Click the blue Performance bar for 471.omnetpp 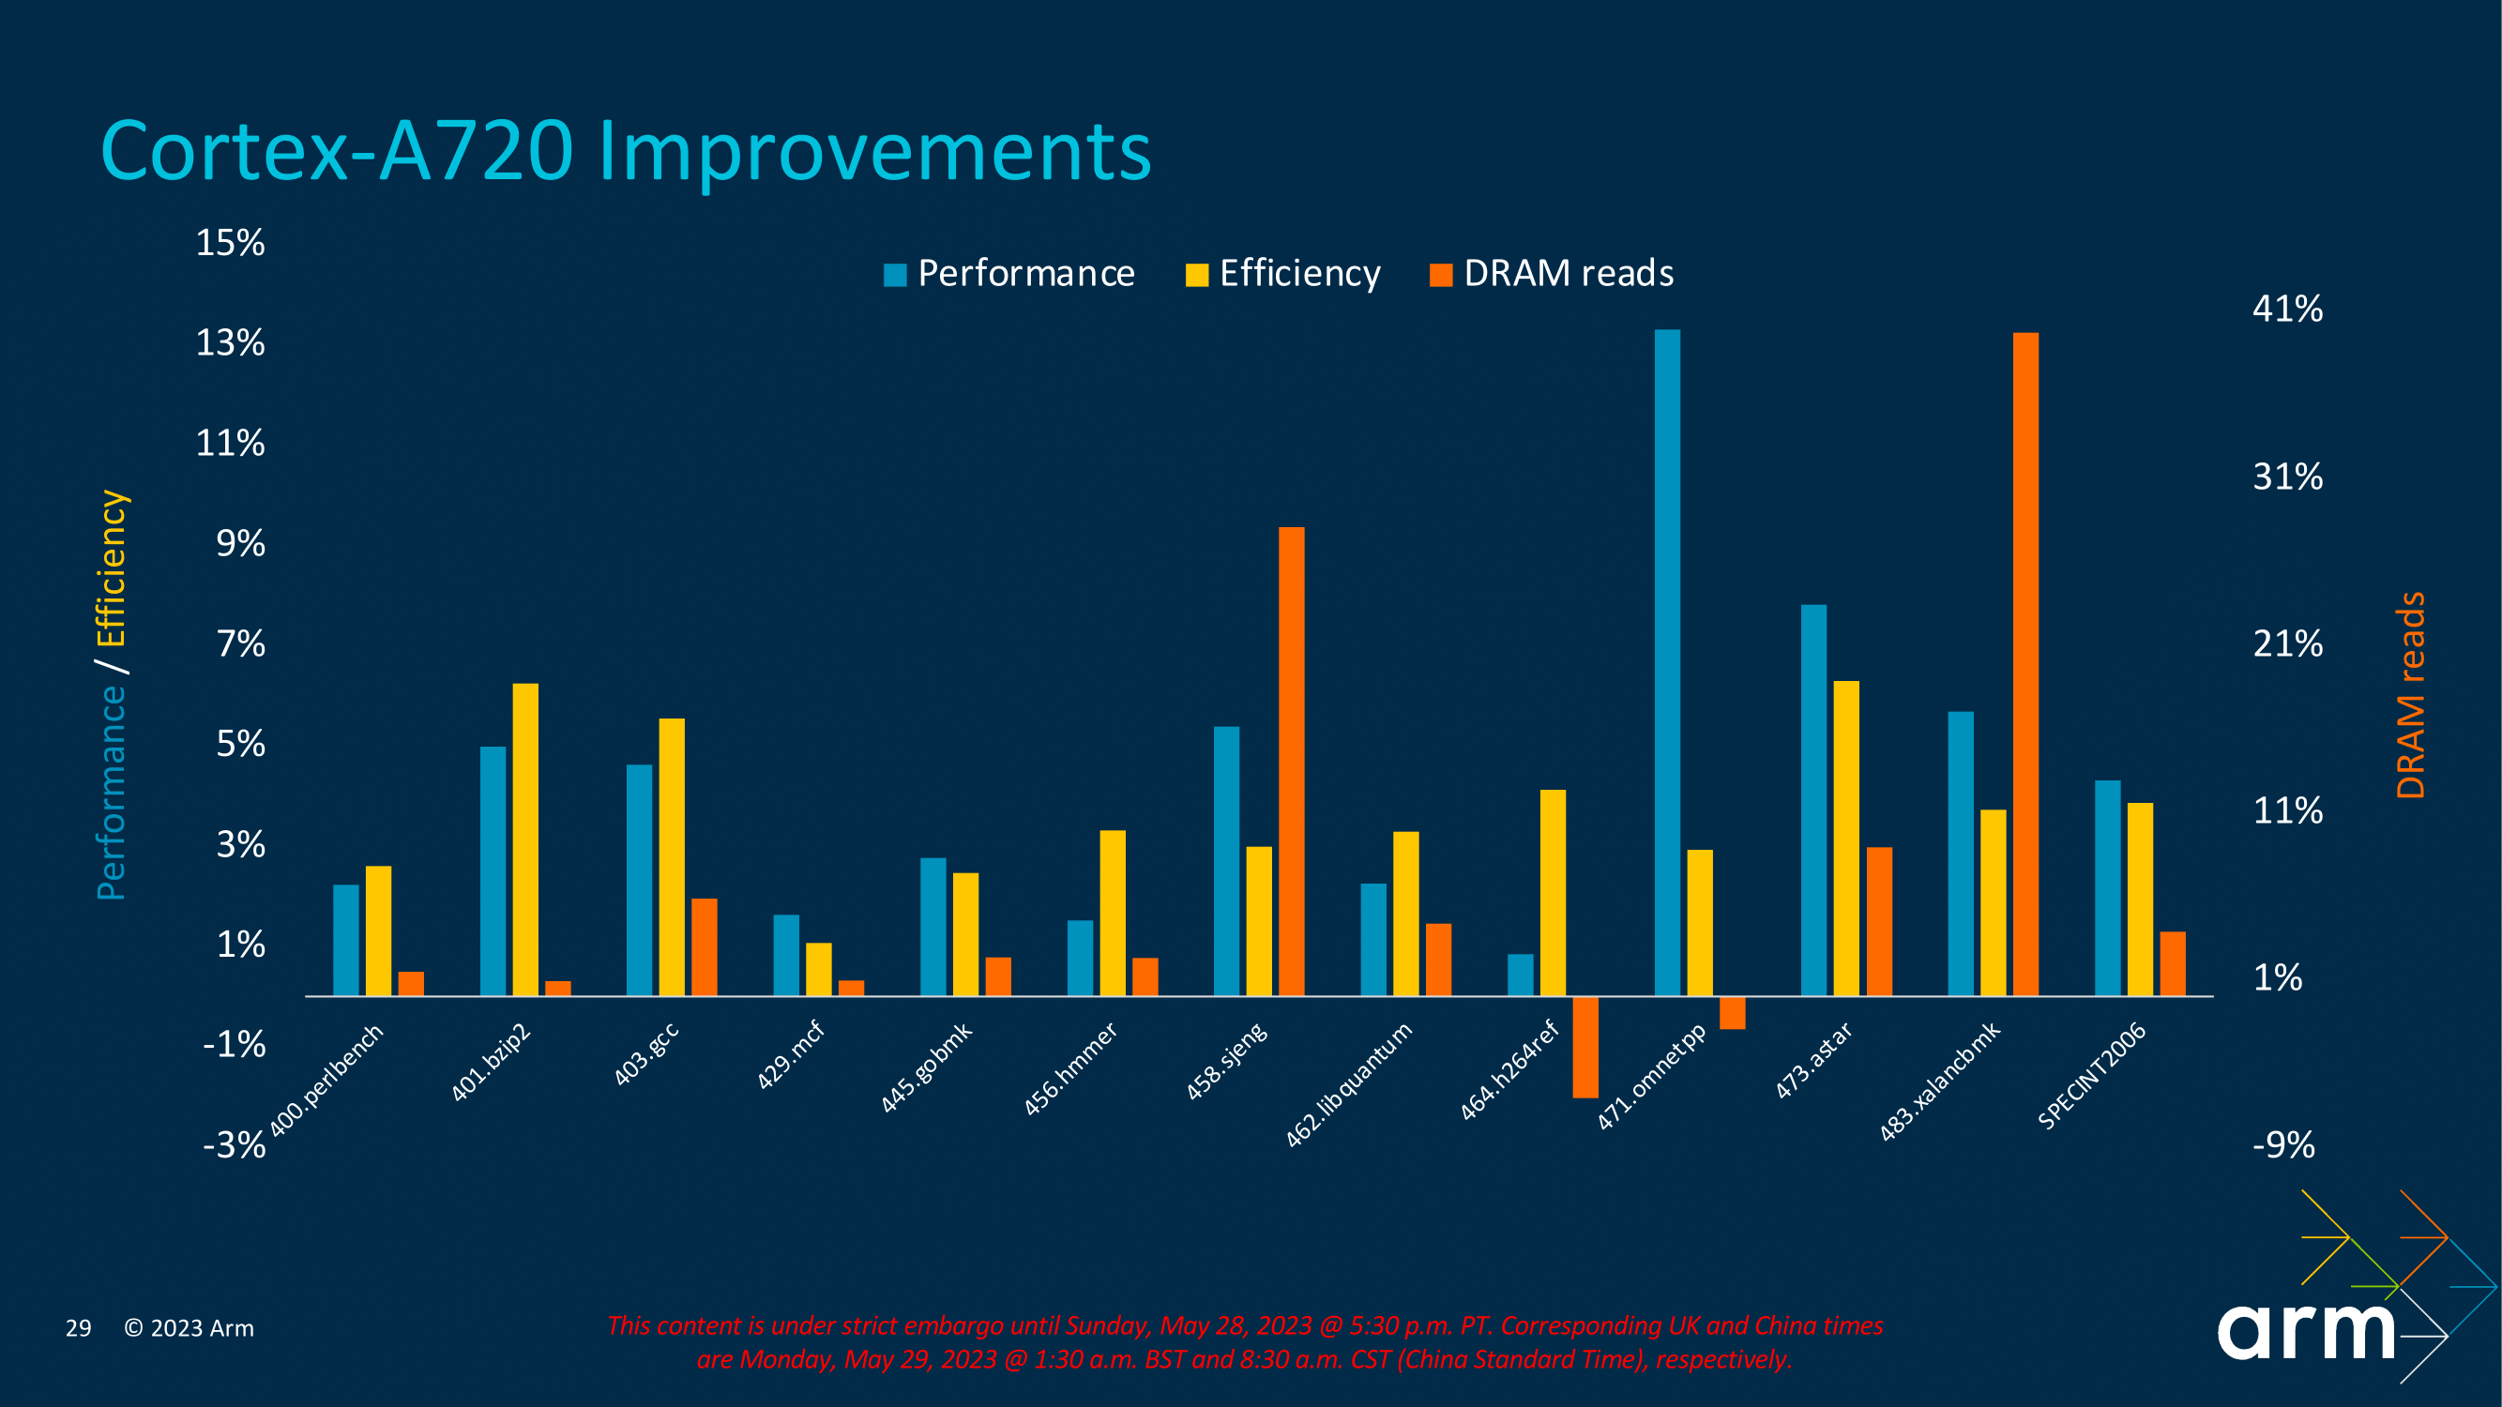tap(1667, 662)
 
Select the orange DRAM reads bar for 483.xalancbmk tap(2025, 664)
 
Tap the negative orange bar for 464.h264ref tap(1585, 1047)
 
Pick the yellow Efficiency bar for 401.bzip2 tap(524, 840)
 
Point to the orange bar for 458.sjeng tap(1291, 762)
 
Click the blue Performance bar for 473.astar tap(1813, 800)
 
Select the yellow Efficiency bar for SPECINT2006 tap(2140, 900)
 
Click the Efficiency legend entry tap(1283, 274)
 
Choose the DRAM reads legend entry tap(1552, 274)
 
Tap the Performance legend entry tap(1010, 274)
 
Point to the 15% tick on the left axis tap(230, 243)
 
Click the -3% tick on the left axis tap(233, 1144)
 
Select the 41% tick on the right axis tap(2287, 309)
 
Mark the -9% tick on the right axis tap(2283, 1144)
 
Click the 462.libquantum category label tap(1349, 1083)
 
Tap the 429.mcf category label tap(791, 1054)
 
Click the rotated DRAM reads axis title tap(2411, 695)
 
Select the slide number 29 tap(79, 1327)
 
